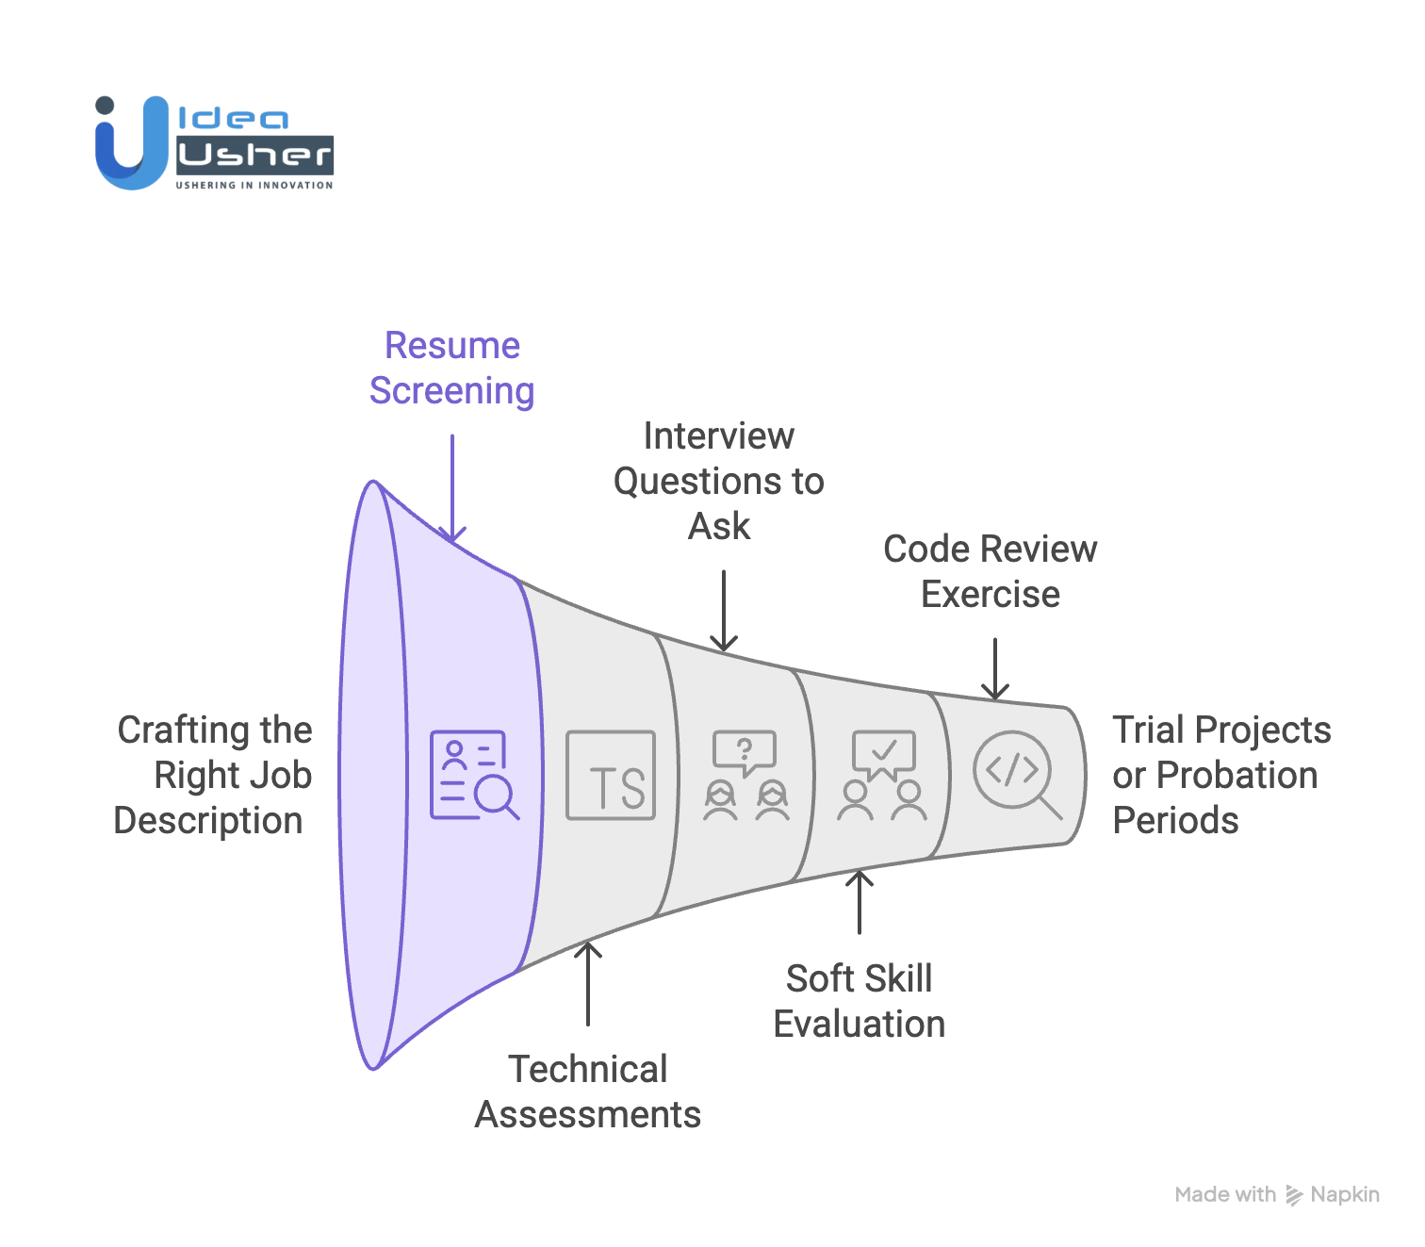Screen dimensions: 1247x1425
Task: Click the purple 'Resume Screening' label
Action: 452,369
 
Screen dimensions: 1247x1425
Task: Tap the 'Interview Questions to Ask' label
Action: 719,481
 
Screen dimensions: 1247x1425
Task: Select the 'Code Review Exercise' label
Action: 990,571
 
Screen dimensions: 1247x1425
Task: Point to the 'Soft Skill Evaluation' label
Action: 859,1001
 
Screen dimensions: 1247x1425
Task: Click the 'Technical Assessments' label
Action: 588,1091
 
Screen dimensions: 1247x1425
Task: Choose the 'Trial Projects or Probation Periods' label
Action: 1220,775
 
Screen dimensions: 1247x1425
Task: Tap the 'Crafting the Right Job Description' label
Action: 214,775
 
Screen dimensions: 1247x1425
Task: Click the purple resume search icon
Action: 474,775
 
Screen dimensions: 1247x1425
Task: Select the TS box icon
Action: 611,775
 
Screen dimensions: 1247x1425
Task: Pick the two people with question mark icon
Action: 745,775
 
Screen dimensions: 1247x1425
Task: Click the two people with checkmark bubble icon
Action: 882,775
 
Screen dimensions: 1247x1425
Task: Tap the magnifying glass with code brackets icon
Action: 1016,774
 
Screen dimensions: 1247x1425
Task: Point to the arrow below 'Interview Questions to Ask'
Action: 723,611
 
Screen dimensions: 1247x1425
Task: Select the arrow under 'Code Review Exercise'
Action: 995,668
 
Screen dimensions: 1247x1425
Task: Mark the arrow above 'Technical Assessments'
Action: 588,983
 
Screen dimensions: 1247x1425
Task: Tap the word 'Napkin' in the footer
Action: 1345,1194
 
